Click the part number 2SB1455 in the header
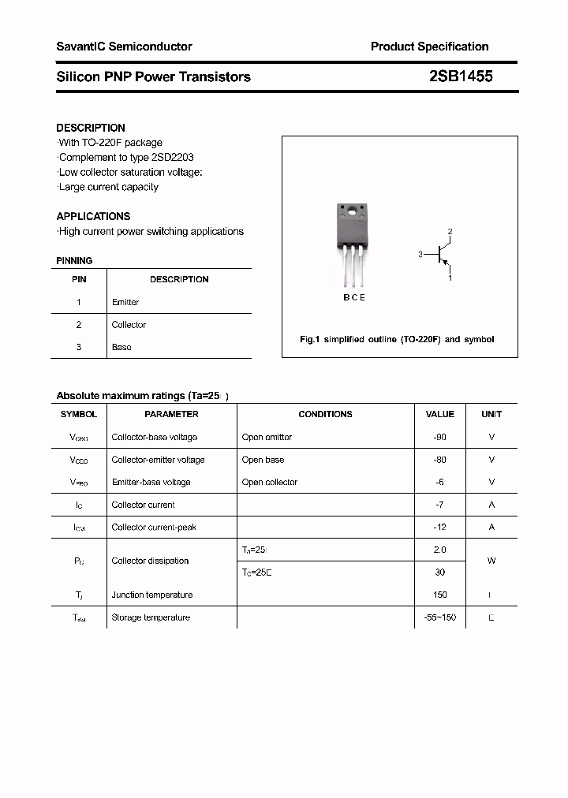click(x=461, y=76)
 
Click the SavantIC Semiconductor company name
click(x=124, y=47)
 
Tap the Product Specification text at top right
click(x=429, y=47)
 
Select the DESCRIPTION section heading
click(x=91, y=128)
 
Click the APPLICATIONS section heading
click(x=93, y=216)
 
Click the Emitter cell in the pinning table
click(x=125, y=302)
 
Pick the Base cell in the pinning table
click(x=121, y=347)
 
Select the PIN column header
click(x=79, y=279)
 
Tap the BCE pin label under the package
click(x=353, y=297)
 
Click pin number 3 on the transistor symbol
click(x=421, y=255)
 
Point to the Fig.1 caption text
click(x=397, y=339)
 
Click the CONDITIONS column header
click(x=325, y=414)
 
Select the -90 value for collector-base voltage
click(x=439, y=437)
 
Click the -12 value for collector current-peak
click(x=439, y=528)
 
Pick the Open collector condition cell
click(x=270, y=482)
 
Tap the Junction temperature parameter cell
click(x=151, y=595)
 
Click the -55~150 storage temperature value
click(x=439, y=617)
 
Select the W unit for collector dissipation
click(x=491, y=561)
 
